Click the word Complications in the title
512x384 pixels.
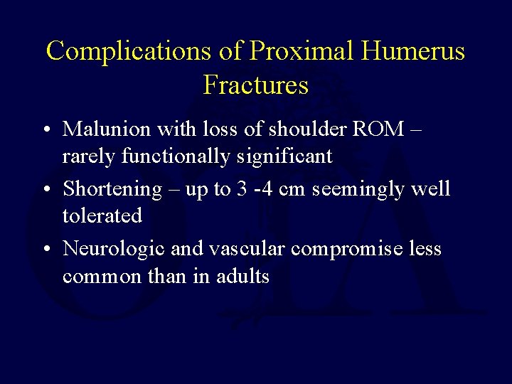(x=127, y=51)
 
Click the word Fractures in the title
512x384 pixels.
(x=256, y=85)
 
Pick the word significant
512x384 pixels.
(x=289, y=156)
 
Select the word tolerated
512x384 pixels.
(x=102, y=215)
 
